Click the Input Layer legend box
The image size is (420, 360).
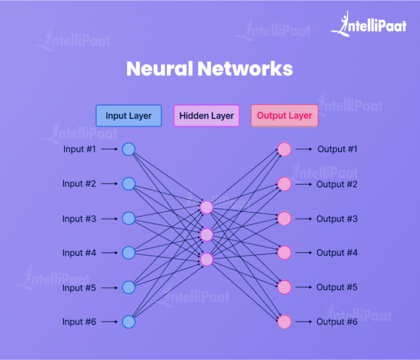tap(129, 116)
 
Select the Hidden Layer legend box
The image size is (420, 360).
tap(206, 116)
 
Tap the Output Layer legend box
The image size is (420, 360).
tap(284, 116)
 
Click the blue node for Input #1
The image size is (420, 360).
tap(129, 149)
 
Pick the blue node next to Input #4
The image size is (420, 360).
tap(129, 253)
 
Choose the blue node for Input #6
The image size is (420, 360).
tap(129, 322)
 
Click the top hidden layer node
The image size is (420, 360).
tap(206, 207)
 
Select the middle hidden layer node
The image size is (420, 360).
tap(206, 234)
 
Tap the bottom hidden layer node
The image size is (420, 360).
tap(206, 259)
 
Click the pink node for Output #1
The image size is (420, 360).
tap(284, 149)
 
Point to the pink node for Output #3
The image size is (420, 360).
tap(284, 219)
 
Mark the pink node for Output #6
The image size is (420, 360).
tap(284, 322)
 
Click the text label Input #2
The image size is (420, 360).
tap(79, 184)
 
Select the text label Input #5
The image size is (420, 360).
tap(79, 288)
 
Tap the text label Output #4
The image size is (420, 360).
tap(337, 253)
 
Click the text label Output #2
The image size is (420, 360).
tap(337, 185)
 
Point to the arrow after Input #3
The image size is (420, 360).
tap(109, 219)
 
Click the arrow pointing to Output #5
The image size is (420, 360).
tap(304, 287)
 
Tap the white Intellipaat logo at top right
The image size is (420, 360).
tap(369, 25)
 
